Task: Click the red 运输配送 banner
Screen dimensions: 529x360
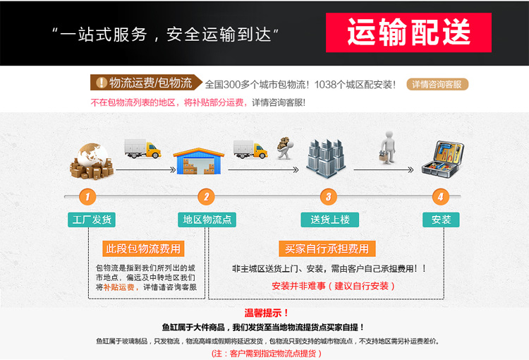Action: [408, 32]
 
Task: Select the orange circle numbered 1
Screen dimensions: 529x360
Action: [87, 196]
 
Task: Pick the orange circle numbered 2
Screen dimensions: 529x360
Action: [206, 196]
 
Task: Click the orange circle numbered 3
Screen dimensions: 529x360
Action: [327, 196]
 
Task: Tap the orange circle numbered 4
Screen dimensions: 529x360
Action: [441, 196]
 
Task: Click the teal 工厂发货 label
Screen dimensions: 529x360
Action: [92, 220]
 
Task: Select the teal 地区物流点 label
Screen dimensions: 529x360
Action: [207, 220]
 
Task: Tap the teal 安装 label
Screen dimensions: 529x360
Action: [441, 220]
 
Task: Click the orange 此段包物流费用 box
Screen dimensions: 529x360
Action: [143, 248]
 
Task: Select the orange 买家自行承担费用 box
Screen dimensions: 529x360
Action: [327, 248]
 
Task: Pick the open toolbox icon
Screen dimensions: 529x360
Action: [442, 160]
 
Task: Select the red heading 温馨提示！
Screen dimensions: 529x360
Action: [267, 313]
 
